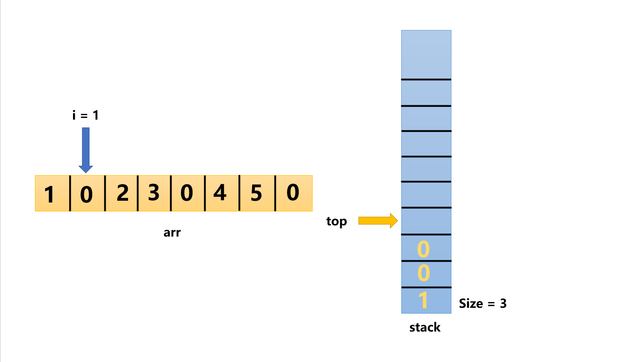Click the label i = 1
pos(85,115)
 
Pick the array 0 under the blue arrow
pos(87,194)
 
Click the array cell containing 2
pos(121,194)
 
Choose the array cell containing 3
pos(154,194)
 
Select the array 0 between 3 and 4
pos(188,194)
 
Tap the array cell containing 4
pos(221,194)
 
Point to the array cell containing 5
pos(257,194)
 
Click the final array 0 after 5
pos(293,194)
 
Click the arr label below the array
pos(172,233)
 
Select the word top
pos(336,221)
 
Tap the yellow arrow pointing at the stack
pos(378,220)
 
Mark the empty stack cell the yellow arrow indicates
pos(426,221)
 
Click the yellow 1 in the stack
pos(424,301)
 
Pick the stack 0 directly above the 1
pos(424,273)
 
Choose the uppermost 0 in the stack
pos(424,249)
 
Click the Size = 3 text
pos(483,303)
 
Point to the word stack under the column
pos(425,328)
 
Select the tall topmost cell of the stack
pos(426,55)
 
